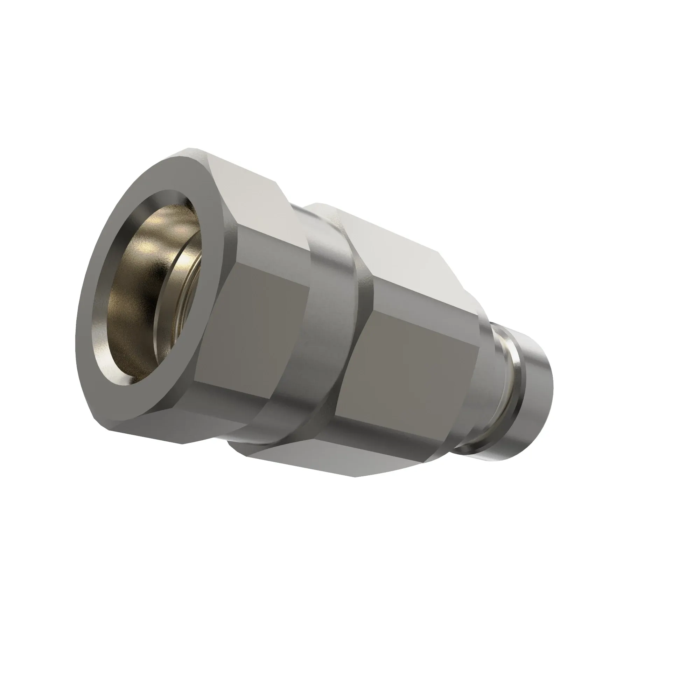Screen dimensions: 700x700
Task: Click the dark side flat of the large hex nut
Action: pos(254,326)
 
